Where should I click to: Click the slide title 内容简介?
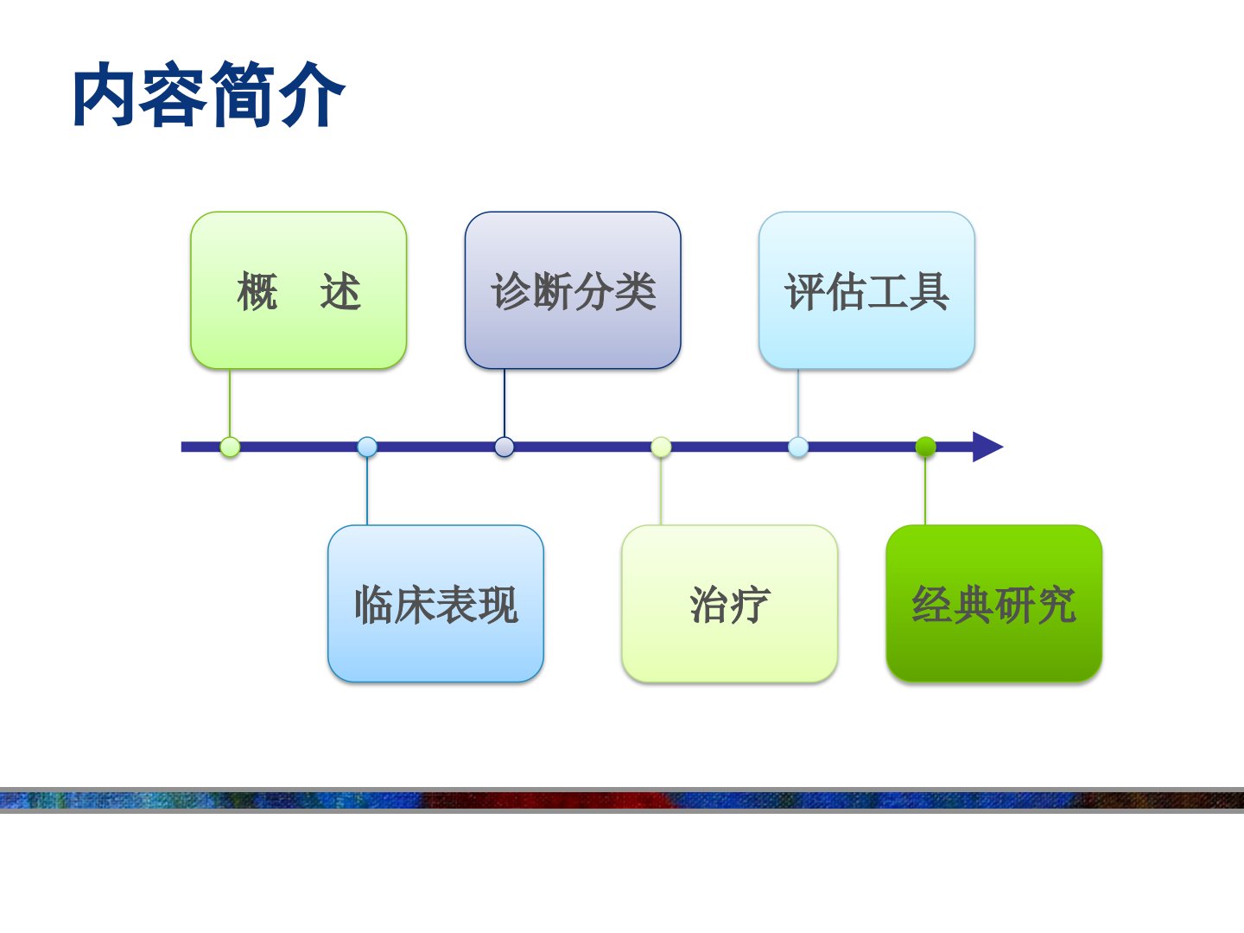pos(208,94)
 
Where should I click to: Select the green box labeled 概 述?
pos(299,290)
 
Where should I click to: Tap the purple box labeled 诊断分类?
pos(573,290)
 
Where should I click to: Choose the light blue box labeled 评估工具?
pos(867,290)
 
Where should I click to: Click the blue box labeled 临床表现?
pos(435,604)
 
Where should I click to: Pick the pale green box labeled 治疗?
pos(730,604)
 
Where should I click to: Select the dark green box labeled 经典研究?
pos(994,604)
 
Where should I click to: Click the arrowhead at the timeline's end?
pos(987,447)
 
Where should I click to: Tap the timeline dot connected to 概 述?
pos(230,447)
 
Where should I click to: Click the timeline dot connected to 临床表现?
pos(367,447)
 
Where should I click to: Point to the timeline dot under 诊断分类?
pos(505,447)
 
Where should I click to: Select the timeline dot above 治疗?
pos(661,447)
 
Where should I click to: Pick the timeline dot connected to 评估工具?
pos(798,447)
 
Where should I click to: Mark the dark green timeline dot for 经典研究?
pos(925,447)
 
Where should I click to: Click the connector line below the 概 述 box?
pos(230,403)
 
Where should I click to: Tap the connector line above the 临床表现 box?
pos(367,492)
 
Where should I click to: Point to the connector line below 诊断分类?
pos(505,403)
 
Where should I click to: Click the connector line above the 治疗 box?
pos(661,492)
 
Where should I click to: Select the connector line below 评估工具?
pos(798,403)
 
